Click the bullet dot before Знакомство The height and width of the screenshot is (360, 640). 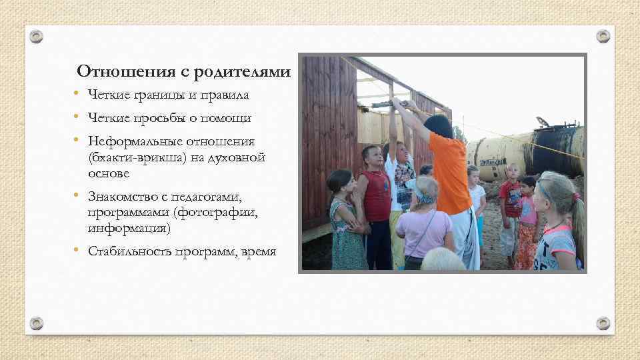tap(77, 195)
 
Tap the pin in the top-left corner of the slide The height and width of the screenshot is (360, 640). tap(37, 36)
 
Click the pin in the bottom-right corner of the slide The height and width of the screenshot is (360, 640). tap(603, 323)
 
